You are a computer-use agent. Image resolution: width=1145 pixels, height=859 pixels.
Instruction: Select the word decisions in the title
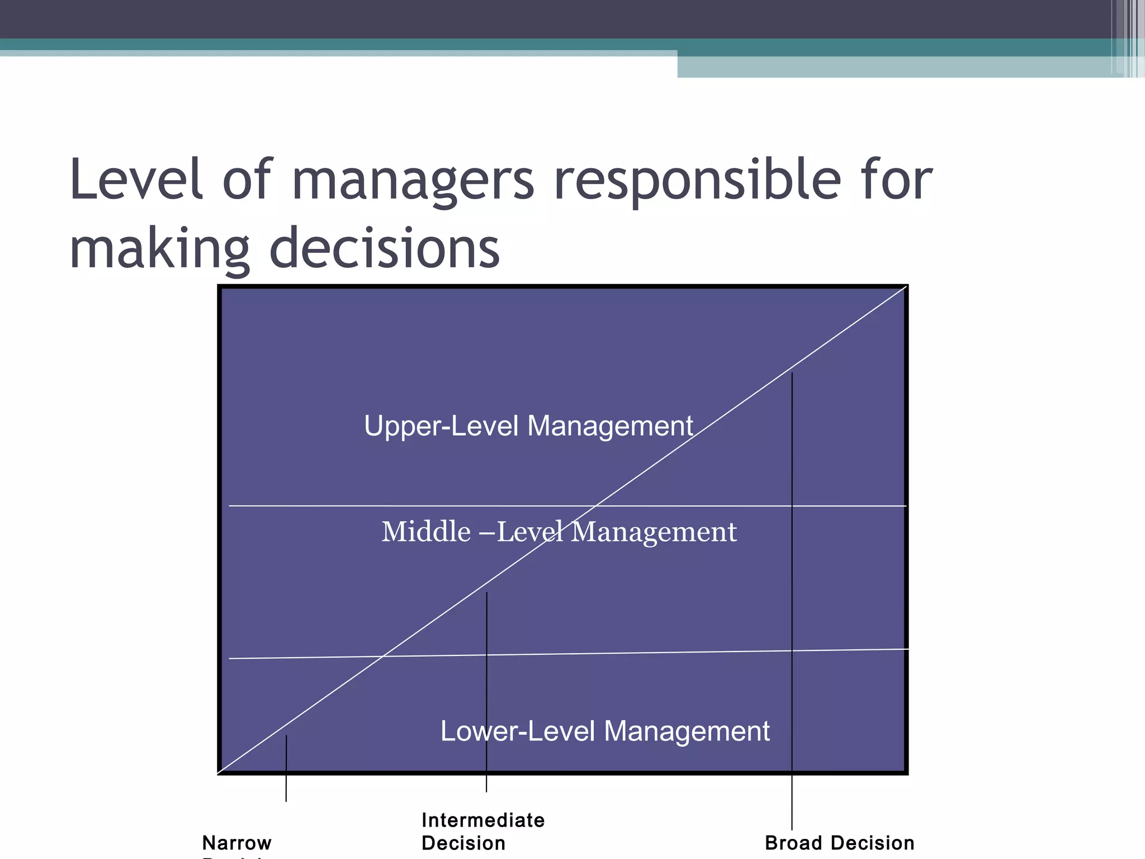click(x=385, y=248)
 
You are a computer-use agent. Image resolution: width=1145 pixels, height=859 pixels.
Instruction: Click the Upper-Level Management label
click(x=528, y=426)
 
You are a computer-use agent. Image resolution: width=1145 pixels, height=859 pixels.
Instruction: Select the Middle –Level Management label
click(x=559, y=531)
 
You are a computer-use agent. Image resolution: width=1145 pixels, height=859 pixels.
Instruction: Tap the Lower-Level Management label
click(x=605, y=731)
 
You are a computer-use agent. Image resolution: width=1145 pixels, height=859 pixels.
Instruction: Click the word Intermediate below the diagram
click(x=483, y=820)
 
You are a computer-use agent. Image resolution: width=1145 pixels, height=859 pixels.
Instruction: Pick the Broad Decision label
click(x=839, y=843)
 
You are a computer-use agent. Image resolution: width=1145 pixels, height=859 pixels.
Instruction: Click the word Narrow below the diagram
click(x=237, y=843)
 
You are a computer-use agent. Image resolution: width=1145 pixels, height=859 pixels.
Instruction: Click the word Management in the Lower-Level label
click(x=687, y=731)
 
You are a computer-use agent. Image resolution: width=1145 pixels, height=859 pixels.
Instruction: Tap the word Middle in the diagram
click(x=426, y=531)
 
